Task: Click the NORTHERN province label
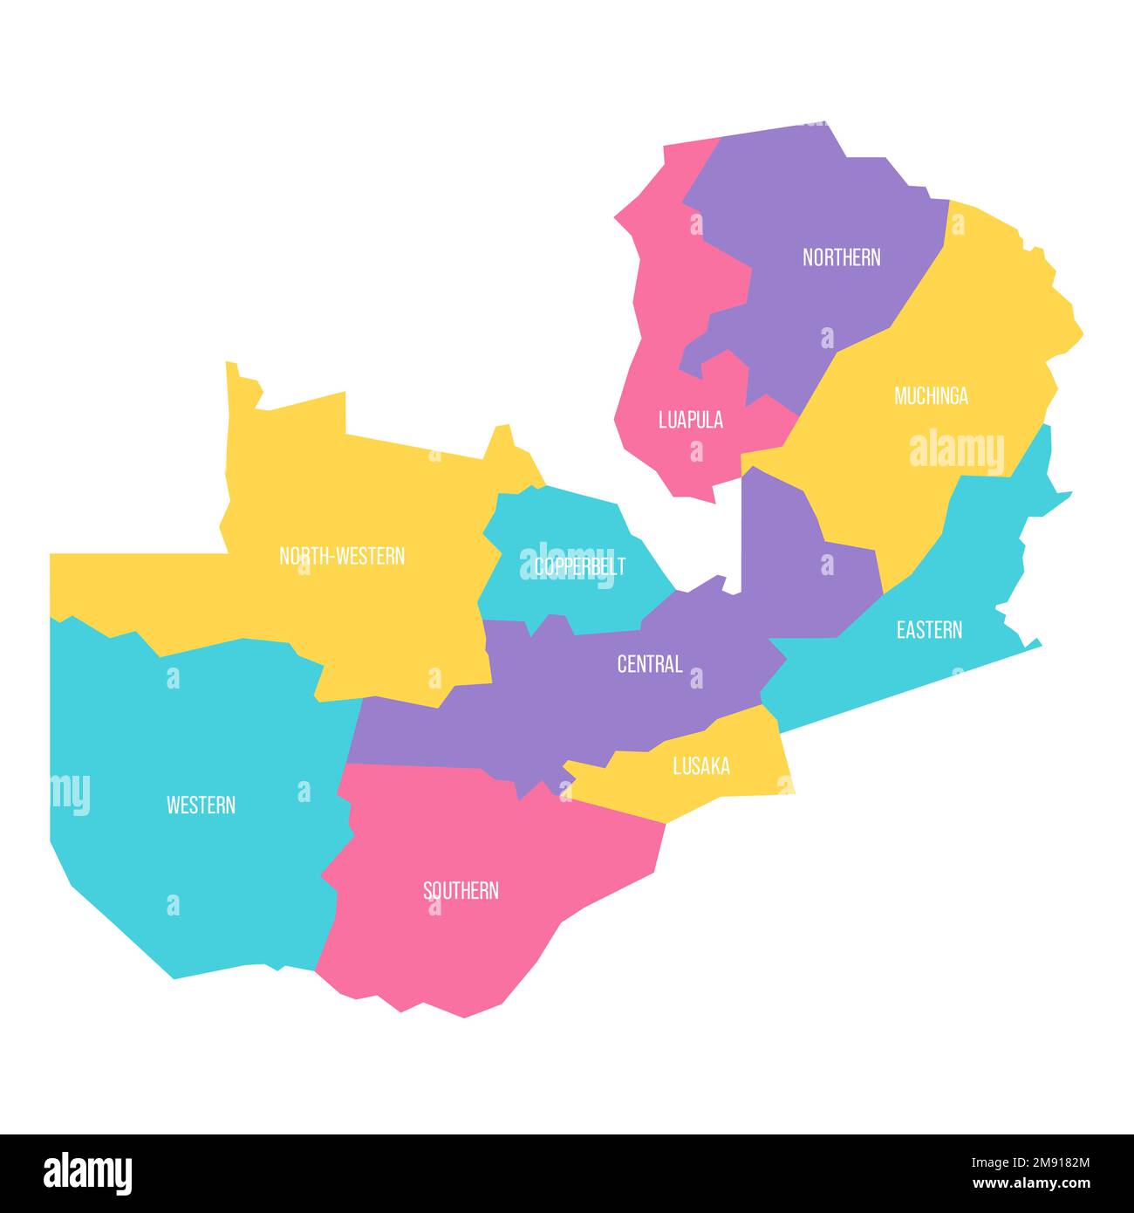coord(841,257)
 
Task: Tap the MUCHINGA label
coord(931,396)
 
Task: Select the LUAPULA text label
coord(690,420)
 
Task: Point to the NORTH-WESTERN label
coord(342,556)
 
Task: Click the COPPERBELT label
coord(580,566)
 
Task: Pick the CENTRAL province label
coord(649,664)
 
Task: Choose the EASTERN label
coord(929,630)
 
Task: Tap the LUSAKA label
coord(701,766)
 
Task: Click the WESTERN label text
coord(201,805)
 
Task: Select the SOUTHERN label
coord(461,891)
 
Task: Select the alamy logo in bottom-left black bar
coord(88,1174)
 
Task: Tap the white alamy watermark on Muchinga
coord(956,451)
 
